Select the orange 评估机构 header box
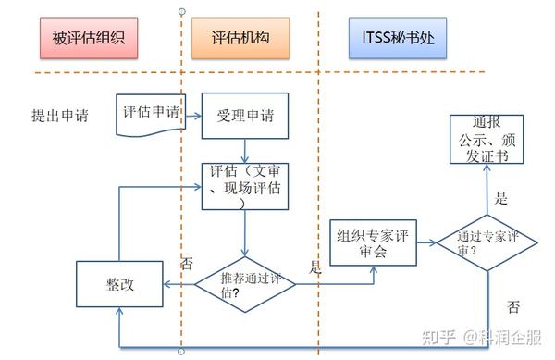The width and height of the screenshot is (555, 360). click(239, 39)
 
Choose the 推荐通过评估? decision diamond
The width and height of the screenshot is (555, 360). click(245, 283)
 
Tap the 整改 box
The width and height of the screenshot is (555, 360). click(118, 284)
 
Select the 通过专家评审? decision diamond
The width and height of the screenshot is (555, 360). click(487, 243)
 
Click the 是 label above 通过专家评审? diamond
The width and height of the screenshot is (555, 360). click(502, 197)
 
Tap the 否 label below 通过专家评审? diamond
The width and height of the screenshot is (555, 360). click(514, 306)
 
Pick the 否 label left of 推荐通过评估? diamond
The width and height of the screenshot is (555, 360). click(187, 263)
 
